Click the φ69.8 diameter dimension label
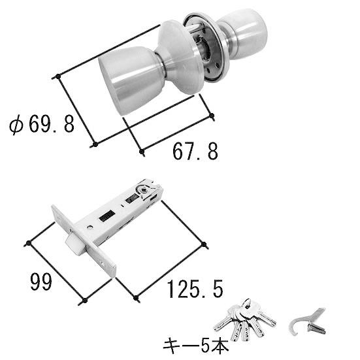pos(42,124)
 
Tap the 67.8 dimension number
pos(195,152)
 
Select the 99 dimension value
pos(41,282)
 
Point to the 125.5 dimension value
pos(195,289)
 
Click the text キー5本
pos(196,346)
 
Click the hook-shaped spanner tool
pos(303,321)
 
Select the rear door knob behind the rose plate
pos(244,33)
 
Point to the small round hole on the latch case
pos(90,227)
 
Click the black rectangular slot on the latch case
pos(107,216)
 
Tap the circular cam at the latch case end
pos(144,190)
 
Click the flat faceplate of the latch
pos(84,241)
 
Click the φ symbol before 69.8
pos(16,125)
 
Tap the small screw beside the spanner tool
pos(316,329)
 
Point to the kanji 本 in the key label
pos(221,346)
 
